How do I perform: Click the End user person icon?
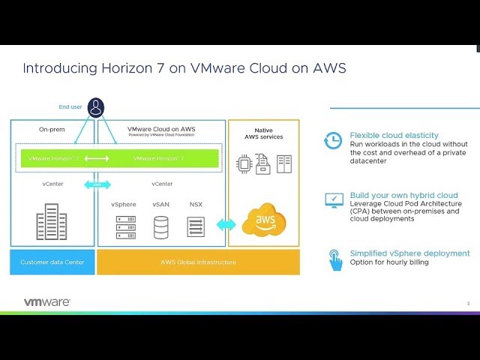pos(96,107)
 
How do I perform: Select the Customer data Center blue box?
pos(52,262)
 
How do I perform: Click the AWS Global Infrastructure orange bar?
pos(198,262)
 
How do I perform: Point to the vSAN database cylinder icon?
pos(161,226)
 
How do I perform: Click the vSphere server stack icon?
pos(126,226)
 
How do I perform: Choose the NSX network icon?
pos(196,226)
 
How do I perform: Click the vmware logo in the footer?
pos(47,301)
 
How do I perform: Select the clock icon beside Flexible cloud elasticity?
pos(333,140)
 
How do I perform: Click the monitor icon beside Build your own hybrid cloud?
pos(333,199)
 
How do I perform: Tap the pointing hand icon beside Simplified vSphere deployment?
pos(334,259)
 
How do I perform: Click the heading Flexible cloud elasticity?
pos(394,136)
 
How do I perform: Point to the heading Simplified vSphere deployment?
pos(409,253)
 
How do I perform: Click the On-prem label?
pos(52,129)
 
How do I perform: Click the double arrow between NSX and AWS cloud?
pos(226,224)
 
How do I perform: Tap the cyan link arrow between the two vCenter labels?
pos(97,184)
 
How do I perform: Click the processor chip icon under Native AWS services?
pos(244,163)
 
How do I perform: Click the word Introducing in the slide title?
pos(53,68)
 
